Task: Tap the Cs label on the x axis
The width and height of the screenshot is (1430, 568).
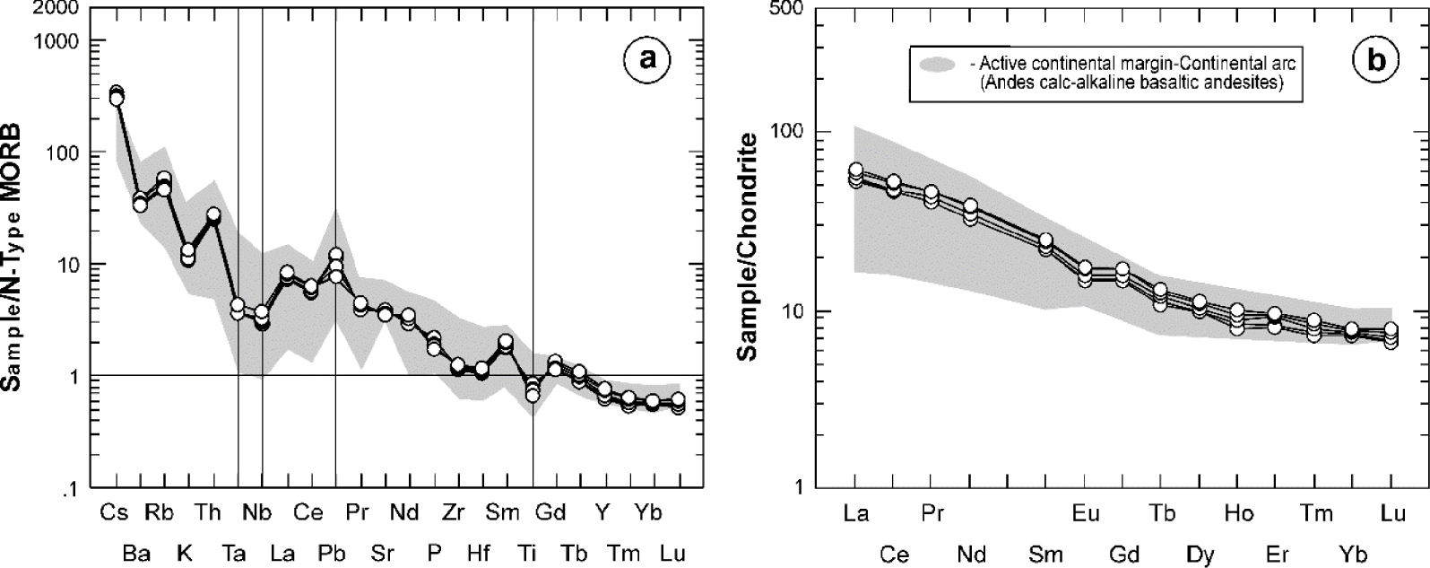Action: coord(114,513)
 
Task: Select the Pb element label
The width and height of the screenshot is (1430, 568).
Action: coord(333,553)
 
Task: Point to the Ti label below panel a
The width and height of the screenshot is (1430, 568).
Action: coord(529,553)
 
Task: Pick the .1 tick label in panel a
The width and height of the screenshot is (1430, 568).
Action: coord(71,488)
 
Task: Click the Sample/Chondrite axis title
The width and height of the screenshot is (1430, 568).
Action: coord(746,246)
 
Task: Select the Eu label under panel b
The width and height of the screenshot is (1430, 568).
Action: coord(1086,513)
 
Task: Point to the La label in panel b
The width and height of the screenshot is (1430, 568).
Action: coord(856,513)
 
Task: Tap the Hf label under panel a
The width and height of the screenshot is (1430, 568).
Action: coord(479,553)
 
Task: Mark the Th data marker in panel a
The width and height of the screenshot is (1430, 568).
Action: coord(213,216)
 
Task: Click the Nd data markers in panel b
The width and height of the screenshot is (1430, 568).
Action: coord(970,212)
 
